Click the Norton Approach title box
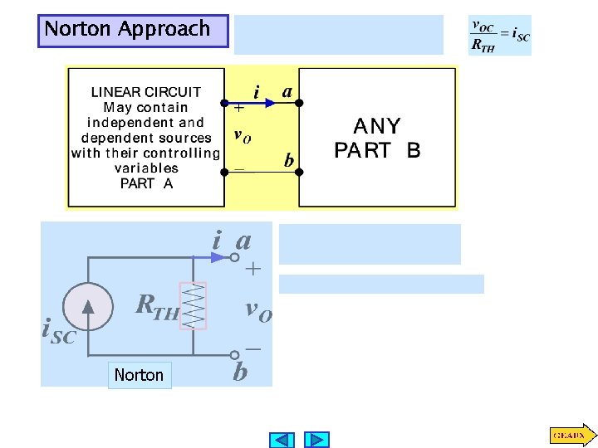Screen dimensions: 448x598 (x=133, y=31)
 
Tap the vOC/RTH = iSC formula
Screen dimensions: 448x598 (x=500, y=36)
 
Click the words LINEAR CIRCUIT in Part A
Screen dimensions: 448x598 (x=146, y=92)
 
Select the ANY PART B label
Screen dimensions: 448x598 (x=377, y=139)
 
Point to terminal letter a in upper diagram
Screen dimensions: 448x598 (x=287, y=90)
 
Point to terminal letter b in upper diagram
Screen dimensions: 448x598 (x=288, y=160)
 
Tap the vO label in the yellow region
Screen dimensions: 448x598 (x=242, y=136)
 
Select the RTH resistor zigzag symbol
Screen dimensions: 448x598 (x=194, y=306)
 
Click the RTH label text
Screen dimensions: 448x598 (x=158, y=308)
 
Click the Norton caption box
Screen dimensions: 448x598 (x=139, y=375)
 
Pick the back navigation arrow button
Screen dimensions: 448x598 (x=282, y=440)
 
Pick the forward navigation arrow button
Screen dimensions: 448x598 (x=316, y=440)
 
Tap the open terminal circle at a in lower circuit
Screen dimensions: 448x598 (x=235, y=258)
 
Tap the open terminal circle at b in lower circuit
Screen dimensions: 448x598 (x=235, y=353)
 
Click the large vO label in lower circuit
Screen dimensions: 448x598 (x=257, y=310)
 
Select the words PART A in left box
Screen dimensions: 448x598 (x=146, y=183)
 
